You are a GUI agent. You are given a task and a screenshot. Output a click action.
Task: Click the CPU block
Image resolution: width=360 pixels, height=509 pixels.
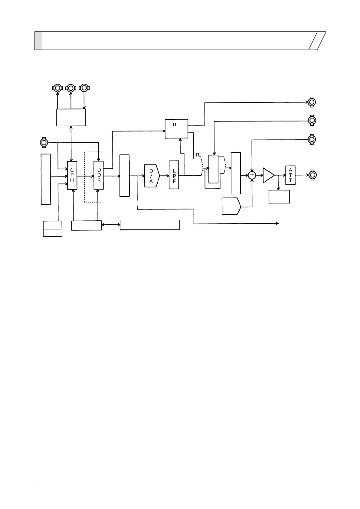click(72, 175)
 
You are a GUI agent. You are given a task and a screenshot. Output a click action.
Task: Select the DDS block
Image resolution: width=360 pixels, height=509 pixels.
click(99, 175)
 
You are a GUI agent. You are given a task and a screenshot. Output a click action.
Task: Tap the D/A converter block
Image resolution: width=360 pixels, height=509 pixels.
click(152, 176)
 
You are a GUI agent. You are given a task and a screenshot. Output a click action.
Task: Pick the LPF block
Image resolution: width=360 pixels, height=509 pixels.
click(174, 175)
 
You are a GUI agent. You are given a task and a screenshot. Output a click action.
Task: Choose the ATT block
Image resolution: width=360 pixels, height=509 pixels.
click(290, 175)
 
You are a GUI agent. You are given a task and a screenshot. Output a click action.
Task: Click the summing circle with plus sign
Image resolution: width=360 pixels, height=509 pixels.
click(252, 175)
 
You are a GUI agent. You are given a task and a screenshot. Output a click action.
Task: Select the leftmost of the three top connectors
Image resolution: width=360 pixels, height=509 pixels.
click(57, 88)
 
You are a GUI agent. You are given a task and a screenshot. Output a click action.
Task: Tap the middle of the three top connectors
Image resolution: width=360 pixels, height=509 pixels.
click(71, 88)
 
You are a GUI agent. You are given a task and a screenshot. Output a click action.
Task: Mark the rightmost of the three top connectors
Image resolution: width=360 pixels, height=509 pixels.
click(84, 88)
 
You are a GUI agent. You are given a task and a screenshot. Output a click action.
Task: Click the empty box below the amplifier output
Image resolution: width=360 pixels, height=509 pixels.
click(279, 196)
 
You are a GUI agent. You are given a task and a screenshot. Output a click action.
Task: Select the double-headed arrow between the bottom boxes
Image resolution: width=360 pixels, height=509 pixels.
click(111, 225)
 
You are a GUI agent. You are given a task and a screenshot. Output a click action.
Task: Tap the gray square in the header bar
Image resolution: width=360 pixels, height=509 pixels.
click(38, 41)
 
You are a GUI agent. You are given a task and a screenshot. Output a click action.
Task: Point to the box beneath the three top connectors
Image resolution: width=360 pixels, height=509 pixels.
click(71, 117)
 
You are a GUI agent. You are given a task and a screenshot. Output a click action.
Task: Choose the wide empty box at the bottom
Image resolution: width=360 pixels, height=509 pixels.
click(150, 225)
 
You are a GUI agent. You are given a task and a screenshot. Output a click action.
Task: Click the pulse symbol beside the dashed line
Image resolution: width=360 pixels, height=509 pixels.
click(198, 154)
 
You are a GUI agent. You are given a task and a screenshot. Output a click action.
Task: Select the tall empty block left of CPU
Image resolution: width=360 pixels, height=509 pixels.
click(46, 179)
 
